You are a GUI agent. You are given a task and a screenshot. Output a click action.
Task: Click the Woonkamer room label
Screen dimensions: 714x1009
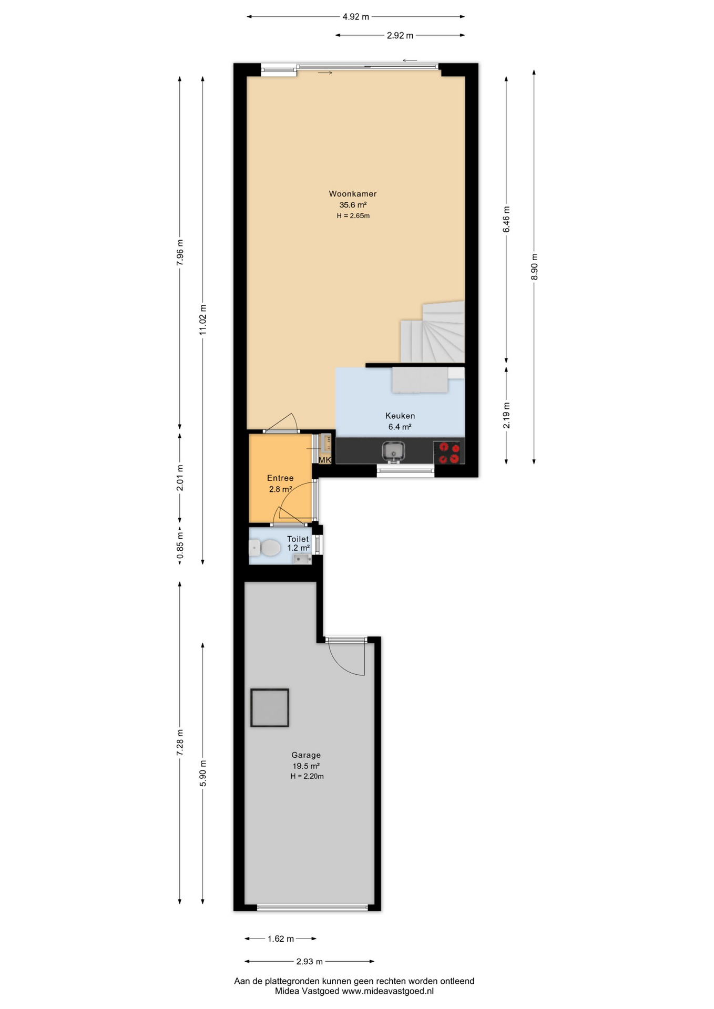[353, 194]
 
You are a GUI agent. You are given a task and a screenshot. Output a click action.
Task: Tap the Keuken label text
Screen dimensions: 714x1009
[400, 416]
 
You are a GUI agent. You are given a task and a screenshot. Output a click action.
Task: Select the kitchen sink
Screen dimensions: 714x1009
[393, 451]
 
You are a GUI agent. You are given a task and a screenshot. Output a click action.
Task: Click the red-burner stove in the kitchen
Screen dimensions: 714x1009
[448, 452]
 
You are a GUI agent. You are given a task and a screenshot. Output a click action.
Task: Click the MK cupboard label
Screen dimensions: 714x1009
[325, 460]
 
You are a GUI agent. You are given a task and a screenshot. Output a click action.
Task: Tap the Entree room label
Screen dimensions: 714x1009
[280, 478]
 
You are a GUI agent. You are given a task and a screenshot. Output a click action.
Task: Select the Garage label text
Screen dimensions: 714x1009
[306, 755]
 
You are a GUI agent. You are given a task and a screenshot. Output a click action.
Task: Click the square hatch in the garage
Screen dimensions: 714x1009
[270, 707]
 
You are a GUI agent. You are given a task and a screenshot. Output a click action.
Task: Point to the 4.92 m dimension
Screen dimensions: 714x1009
[356, 17]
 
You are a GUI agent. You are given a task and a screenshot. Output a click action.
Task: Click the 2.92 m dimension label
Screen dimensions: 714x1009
[400, 36]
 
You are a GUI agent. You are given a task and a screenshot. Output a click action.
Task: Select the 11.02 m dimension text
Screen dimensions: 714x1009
[203, 320]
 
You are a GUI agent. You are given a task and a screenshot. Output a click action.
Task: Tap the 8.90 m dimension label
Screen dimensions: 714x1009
[534, 267]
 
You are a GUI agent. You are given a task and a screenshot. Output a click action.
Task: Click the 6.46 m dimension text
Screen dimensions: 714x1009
[506, 220]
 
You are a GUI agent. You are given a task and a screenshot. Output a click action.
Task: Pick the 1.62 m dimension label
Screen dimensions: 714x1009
[281, 939]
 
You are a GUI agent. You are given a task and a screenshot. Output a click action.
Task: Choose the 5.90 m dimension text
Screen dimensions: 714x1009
[203, 774]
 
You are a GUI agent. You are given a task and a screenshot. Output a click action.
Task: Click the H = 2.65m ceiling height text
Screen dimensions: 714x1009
[353, 215]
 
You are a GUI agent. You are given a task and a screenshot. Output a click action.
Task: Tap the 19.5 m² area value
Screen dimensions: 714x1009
[306, 766]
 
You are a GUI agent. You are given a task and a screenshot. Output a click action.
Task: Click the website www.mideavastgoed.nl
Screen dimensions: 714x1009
[388, 991]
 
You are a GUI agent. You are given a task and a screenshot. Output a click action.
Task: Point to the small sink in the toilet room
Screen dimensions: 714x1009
[302, 559]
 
